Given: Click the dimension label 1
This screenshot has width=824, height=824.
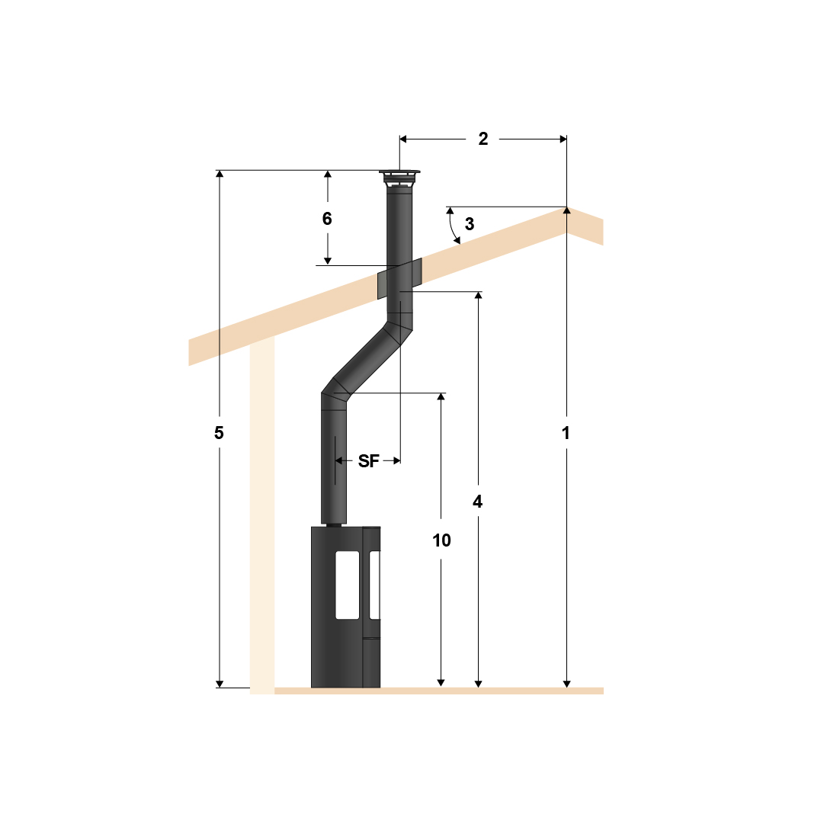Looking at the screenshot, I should [566, 433].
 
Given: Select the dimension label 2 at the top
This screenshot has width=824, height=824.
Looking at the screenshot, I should [483, 139].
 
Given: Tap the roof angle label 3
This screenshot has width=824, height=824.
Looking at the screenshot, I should [470, 223].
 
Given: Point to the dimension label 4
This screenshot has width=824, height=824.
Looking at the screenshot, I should [478, 502].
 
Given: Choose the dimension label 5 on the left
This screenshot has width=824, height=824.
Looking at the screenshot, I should [219, 433].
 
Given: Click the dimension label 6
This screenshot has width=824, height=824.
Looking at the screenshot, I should [327, 219].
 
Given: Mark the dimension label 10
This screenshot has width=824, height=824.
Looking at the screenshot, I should [441, 540].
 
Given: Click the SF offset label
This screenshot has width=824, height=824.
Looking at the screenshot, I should [368, 460].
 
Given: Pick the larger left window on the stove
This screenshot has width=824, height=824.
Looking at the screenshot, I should [348, 584].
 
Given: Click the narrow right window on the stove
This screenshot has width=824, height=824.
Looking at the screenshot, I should [374, 584].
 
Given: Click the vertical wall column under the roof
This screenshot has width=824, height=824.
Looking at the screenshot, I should [261, 518].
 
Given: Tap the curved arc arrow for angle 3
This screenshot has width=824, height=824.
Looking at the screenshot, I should [450, 226].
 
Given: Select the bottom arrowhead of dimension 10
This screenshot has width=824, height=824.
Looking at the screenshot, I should [441, 681].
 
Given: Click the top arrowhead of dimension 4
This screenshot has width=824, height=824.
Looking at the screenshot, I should [478, 297].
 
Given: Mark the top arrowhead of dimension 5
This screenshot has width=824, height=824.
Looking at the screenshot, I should [220, 175].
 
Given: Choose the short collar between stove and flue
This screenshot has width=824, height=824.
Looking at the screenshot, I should [333, 524].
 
